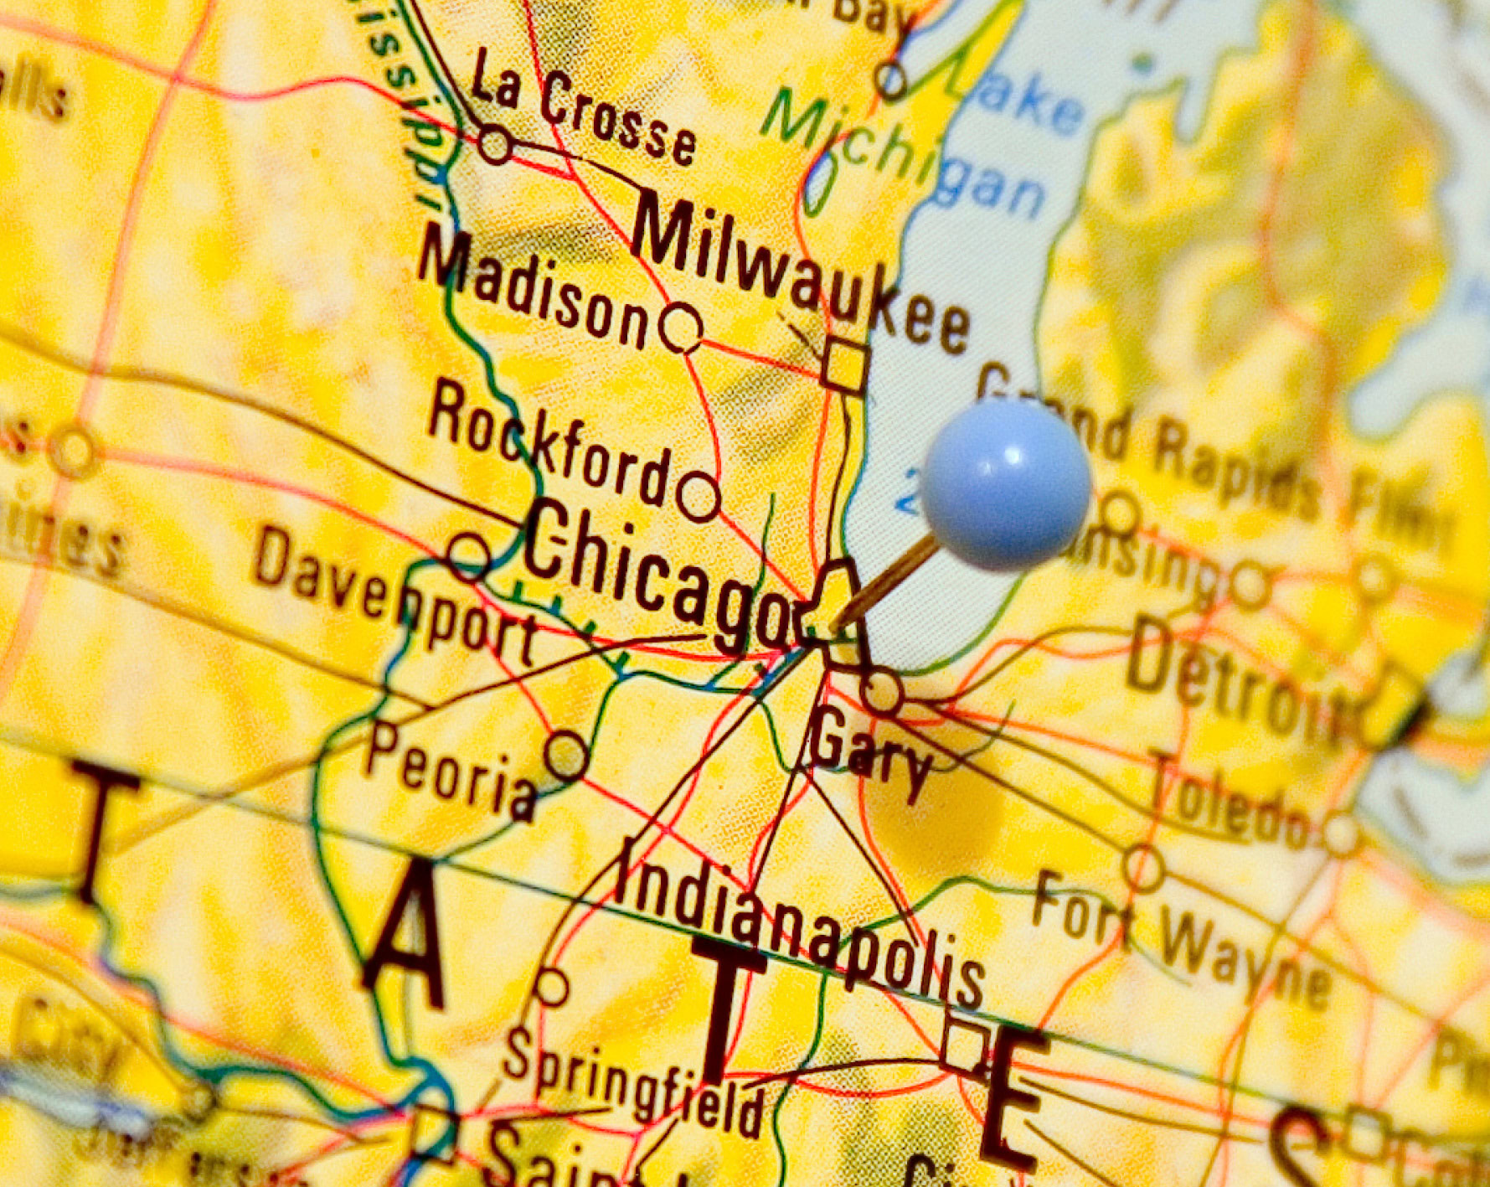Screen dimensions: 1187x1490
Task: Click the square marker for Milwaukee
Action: (844, 366)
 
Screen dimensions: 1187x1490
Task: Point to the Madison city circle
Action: (680, 328)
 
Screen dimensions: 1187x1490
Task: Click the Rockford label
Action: (549, 444)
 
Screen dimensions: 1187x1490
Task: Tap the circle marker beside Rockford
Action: (699, 496)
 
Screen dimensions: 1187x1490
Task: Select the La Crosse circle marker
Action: (496, 145)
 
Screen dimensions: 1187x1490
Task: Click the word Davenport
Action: (394, 595)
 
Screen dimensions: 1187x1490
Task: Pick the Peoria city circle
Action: (567, 755)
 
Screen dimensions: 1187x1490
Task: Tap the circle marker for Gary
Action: (882, 693)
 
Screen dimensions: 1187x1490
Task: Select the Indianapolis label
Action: (800, 921)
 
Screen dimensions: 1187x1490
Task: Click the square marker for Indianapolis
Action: (963, 1045)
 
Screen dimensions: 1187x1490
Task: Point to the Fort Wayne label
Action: (1181, 942)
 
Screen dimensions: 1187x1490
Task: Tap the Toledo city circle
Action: (1340, 833)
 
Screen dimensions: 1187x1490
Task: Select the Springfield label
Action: (632, 1081)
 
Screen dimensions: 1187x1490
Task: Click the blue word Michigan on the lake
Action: (905, 155)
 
